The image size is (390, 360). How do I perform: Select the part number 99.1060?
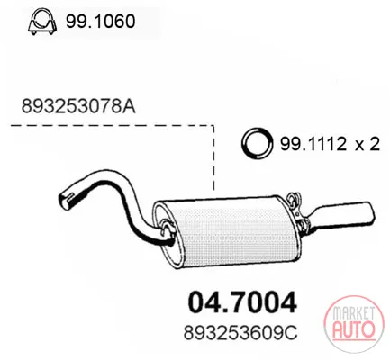click(101, 22)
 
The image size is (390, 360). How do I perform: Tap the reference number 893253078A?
click(78, 106)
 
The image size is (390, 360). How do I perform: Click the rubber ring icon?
click(258, 144)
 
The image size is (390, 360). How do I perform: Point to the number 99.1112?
click(313, 144)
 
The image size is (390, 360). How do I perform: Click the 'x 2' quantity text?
click(367, 144)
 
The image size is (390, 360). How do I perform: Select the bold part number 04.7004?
click(242, 302)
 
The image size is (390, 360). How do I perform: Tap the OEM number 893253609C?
click(240, 333)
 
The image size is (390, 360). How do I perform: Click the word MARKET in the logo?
click(353, 313)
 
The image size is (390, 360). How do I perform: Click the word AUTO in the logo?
click(354, 328)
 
